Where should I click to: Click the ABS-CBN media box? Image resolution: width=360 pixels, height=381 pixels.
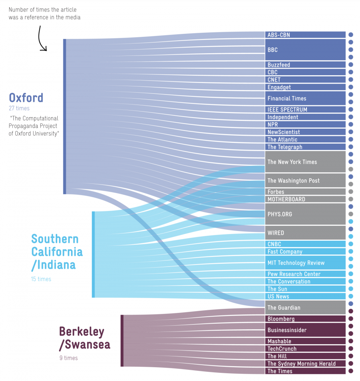pos(305,35)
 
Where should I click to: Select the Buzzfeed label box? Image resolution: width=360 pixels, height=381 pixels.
pos(305,65)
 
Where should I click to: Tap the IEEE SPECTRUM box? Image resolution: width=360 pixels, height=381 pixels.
pos(305,110)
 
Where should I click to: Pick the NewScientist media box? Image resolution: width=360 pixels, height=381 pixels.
pos(305,132)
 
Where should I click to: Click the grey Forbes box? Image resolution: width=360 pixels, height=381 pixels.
pos(305,192)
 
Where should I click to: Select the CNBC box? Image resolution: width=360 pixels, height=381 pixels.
pos(305,244)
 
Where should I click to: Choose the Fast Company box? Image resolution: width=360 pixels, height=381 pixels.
pos(305,252)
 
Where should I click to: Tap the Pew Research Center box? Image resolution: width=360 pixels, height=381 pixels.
pos(305,274)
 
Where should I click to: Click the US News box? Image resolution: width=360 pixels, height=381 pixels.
pos(305,297)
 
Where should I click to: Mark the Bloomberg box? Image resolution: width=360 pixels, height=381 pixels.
pos(305,319)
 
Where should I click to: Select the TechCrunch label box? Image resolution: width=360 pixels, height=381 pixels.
pos(305,349)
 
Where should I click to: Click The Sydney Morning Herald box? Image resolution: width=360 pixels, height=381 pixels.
pos(305,364)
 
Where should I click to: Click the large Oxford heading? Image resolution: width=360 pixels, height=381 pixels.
pos(26,98)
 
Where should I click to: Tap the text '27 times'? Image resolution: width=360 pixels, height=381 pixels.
pos(19,108)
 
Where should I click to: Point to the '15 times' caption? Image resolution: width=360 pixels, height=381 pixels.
pos(41,279)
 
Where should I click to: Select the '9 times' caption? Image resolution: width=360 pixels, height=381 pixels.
pos(68,358)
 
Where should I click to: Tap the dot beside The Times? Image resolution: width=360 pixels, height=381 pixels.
pos(351,371)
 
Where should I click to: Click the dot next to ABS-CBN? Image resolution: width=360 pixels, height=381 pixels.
pos(351,35)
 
